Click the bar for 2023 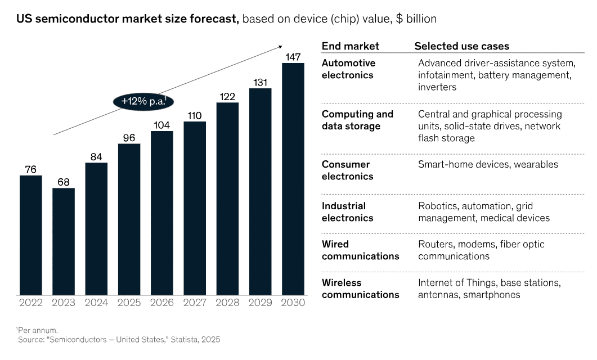pyautogui.click(x=64, y=241)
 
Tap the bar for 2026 pyautogui.click(x=162, y=213)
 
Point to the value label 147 pyautogui.click(x=293, y=57)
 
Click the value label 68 pyautogui.click(x=64, y=182)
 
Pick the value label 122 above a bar pyautogui.click(x=227, y=96)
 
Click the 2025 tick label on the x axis pyautogui.click(x=129, y=303)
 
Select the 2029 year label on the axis pyautogui.click(x=260, y=303)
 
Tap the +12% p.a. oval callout pyautogui.click(x=143, y=102)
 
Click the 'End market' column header pyautogui.click(x=350, y=46)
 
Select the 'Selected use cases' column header pyautogui.click(x=461, y=46)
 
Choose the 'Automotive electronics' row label pyautogui.click(x=348, y=69)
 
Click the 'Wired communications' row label pyautogui.click(x=360, y=250)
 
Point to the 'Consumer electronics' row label pyautogui.click(x=347, y=170)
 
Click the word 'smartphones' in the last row pyautogui.click(x=492, y=295)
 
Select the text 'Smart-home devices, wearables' pyautogui.click(x=488, y=164)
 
